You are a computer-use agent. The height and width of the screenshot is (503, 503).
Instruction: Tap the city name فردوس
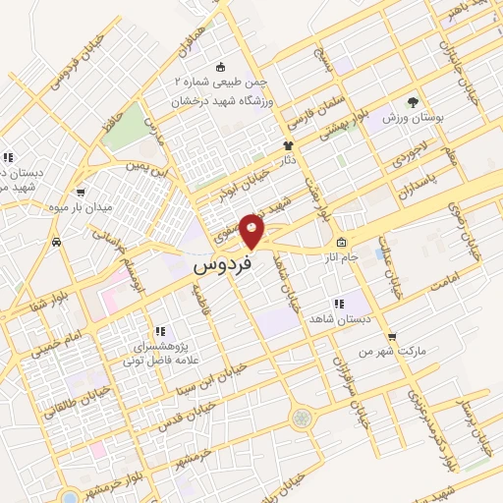(223, 265)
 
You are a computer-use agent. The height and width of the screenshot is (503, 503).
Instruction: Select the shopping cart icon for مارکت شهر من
(391, 337)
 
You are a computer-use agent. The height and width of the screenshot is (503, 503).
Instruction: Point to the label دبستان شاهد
(337, 319)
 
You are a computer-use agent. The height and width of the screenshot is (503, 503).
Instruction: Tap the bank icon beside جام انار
(341, 243)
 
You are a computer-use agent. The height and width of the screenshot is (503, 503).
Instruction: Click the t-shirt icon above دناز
(288, 144)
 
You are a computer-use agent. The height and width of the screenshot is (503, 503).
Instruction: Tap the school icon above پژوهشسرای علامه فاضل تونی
(158, 332)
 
